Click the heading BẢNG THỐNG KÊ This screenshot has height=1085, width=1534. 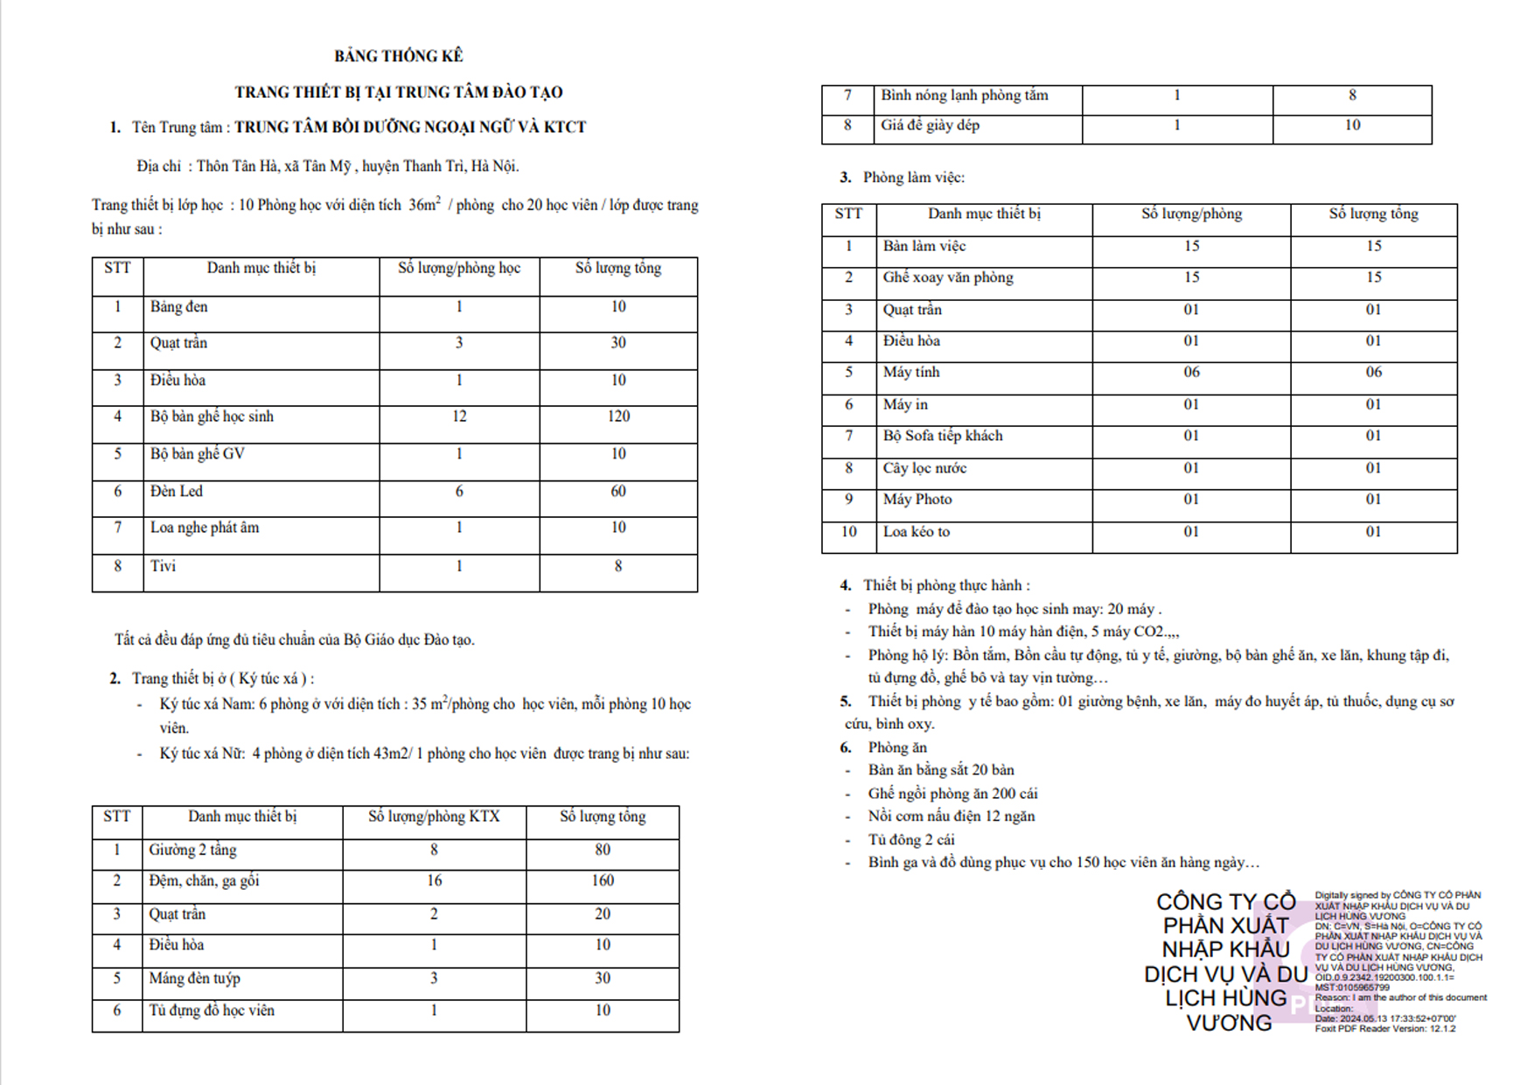coord(398,56)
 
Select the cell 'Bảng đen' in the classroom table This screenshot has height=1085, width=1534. coord(179,307)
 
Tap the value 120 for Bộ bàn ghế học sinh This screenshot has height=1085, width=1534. coord(618,416)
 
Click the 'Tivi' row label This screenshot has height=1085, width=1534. coord(163,566)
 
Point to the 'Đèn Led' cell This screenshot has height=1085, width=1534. coord(177,492)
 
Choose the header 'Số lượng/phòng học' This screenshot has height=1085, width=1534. coord(459,269)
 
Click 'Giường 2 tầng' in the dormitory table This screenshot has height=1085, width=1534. coord(192,850)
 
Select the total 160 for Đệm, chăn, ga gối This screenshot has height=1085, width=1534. coord(603,881)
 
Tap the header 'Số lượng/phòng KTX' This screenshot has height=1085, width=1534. coord(434,817)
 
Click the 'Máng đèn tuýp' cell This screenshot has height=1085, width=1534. coord(194,978)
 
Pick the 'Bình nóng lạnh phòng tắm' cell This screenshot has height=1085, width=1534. coord(965,95)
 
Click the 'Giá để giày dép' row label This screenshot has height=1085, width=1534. coord(931,125)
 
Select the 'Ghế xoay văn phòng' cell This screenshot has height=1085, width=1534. coord(948,277)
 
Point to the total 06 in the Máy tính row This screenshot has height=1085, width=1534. coord(1374,373)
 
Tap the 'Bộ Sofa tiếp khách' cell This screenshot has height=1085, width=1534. coord(943,436)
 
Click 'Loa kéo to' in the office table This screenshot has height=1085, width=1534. coord(917,532)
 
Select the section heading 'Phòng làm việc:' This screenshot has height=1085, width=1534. coord(914,178)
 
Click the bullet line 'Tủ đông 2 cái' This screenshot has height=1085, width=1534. coord(911,840)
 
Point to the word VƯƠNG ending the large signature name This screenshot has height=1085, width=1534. coord(1229,1023)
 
